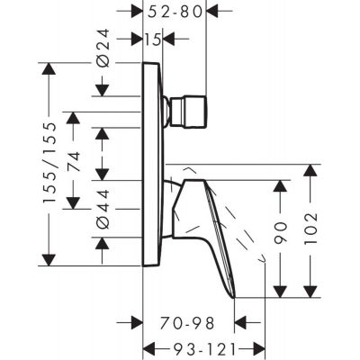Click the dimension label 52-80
174,13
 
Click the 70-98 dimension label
189,319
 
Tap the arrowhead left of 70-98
137,319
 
